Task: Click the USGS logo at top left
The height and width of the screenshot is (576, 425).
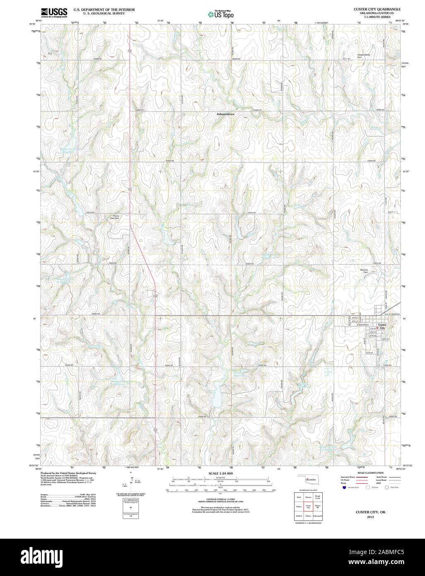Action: tap(53, 13)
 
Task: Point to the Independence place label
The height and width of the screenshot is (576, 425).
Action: tap(225, 114)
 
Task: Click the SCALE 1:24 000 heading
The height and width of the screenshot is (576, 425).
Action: tap(221, 473)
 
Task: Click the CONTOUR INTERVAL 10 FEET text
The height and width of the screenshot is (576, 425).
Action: tap(221, 500)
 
